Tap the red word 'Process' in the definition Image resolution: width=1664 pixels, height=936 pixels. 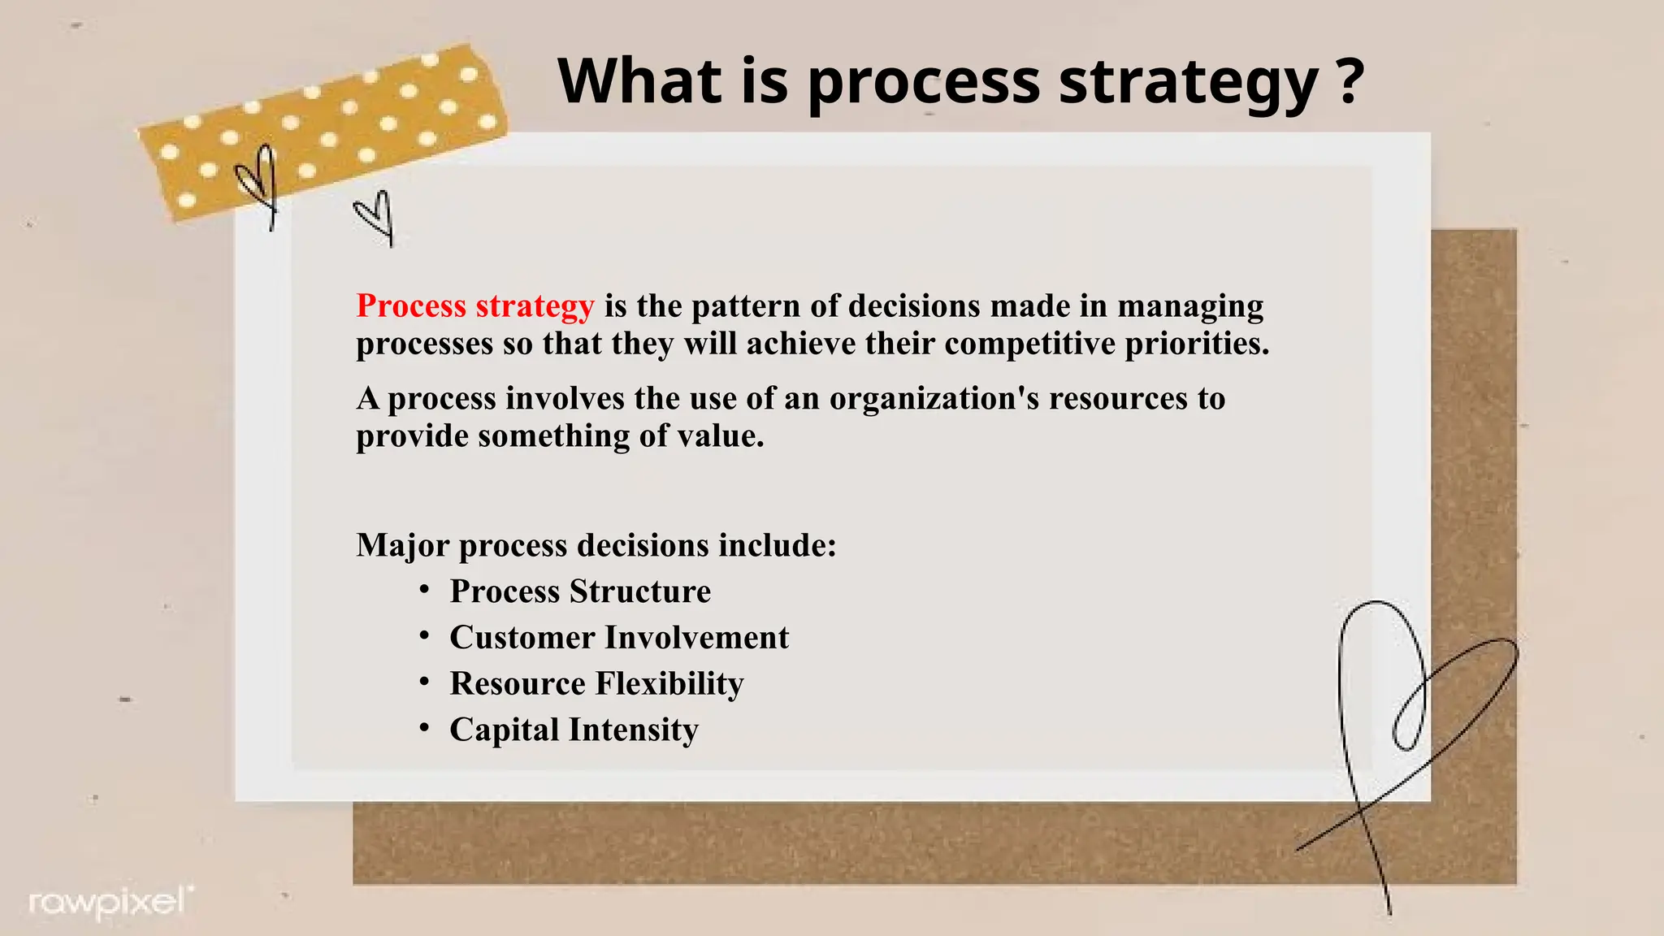[x=411, y=306]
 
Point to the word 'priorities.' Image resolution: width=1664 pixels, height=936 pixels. [x=1197, y=344]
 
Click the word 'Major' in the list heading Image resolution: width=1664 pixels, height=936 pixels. [x=402, y=546]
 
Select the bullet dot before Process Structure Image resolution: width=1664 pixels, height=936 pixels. [x=424, y=589]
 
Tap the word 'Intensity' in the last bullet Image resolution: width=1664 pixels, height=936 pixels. [x=633, y=730]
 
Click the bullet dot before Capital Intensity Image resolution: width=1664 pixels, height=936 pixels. [x=424, y=727]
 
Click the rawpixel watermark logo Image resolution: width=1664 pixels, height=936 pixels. [x=110, y=902]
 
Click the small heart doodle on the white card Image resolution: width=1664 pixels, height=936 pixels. [x=375, y=216]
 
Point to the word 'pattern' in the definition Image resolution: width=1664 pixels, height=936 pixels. [x=746, y=306]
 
